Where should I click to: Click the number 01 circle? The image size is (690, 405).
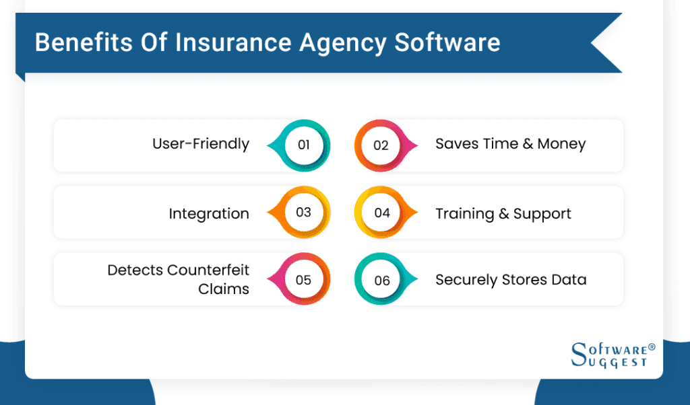[x=304, y=145]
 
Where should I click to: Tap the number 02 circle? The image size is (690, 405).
[x=381, y=145]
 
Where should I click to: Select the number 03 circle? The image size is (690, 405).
[x=304, y=213]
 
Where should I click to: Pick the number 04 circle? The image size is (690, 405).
[x=382, y=213]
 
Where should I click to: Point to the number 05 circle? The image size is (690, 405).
[x=304, y=279]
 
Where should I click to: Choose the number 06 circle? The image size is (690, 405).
[x=382, y=280]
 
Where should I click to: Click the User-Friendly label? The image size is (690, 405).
[x=201, y=144]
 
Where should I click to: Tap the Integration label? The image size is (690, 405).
[x=209, y=214]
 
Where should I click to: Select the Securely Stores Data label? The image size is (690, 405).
[x=511, y=280]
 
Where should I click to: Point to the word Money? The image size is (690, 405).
[x=561, y=144]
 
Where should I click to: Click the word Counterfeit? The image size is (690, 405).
[x=208, y=270]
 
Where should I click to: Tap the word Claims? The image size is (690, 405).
[x=224, y=289]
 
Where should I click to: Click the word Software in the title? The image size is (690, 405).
[x=447, y=42]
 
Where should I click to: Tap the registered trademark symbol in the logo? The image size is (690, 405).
[x=651, y=348]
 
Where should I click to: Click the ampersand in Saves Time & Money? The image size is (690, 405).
[x=528, y=144]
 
